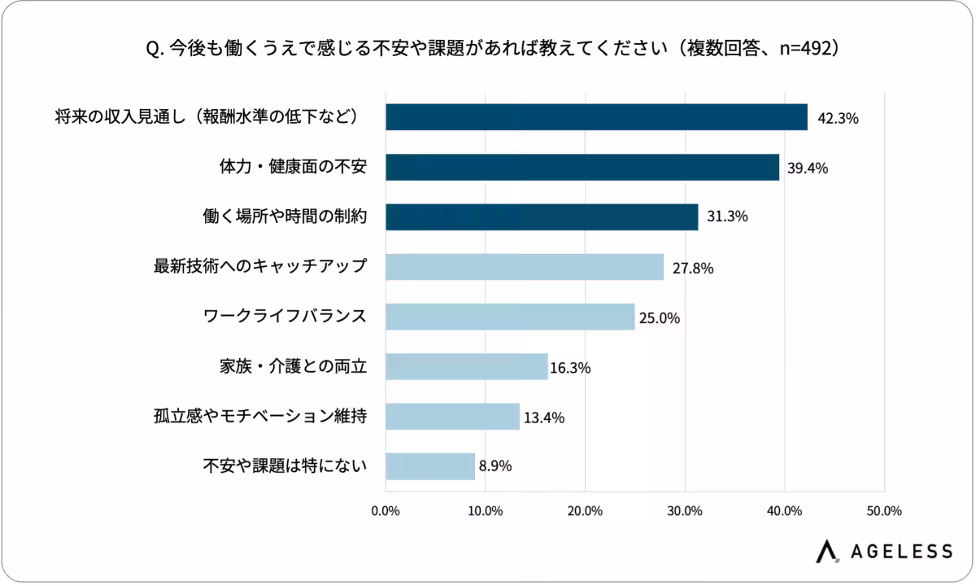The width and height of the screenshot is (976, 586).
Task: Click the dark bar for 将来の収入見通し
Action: click(596, 117)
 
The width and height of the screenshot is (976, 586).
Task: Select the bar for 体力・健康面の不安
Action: click(582, 167)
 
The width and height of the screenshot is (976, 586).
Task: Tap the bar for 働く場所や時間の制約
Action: click(542, 217)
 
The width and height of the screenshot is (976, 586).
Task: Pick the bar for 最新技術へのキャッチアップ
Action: click(525, 267)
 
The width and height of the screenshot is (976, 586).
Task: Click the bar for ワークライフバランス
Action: click(510, 317)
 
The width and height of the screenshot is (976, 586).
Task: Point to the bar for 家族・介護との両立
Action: click(467, 367)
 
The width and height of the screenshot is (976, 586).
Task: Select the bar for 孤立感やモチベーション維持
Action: click(452, 417)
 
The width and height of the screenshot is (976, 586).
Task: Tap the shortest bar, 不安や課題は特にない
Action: click(430, 466)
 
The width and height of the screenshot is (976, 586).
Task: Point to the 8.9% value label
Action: click(495, 467)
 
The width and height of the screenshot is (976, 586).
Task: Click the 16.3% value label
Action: click(570, 368)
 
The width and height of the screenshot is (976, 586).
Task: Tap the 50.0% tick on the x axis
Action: click(884, 512)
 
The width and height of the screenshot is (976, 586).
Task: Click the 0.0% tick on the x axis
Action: click(385, 512)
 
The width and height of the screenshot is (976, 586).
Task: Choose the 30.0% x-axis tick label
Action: click(684, 512)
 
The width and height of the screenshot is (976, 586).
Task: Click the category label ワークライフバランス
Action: click(285, 317)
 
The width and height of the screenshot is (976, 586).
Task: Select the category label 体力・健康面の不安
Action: click(294, 167)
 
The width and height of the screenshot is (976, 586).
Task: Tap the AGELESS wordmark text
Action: click(902, 551)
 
